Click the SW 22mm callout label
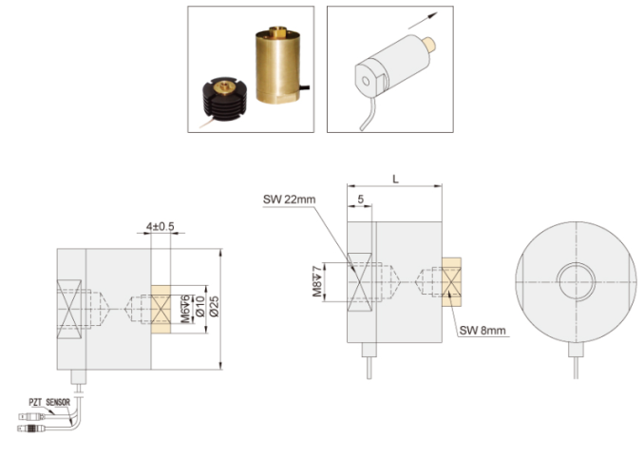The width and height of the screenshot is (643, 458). pyautogui.click(x=290, y=200)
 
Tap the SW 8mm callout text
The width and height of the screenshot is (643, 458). pyautogui.click(x=482, y=331)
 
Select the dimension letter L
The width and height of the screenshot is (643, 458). pyautogui.click(x=395, y=179)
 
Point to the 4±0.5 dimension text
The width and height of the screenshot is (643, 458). pyautogui.click(x=161, y=226)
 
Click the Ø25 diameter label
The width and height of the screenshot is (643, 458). pyautogui.click(x=214, y=307)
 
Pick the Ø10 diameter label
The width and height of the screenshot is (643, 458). pyautogui.click(x=199, y=307)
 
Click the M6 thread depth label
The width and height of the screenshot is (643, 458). pyautogui.click(x=185, y=309)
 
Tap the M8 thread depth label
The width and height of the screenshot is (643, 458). pyautogui.click(x=317, y=281)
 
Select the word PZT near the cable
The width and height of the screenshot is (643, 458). pyautogui.click(x=36, y=402)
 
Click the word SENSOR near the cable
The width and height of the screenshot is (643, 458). pyautogui.click(x=58, y=402)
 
